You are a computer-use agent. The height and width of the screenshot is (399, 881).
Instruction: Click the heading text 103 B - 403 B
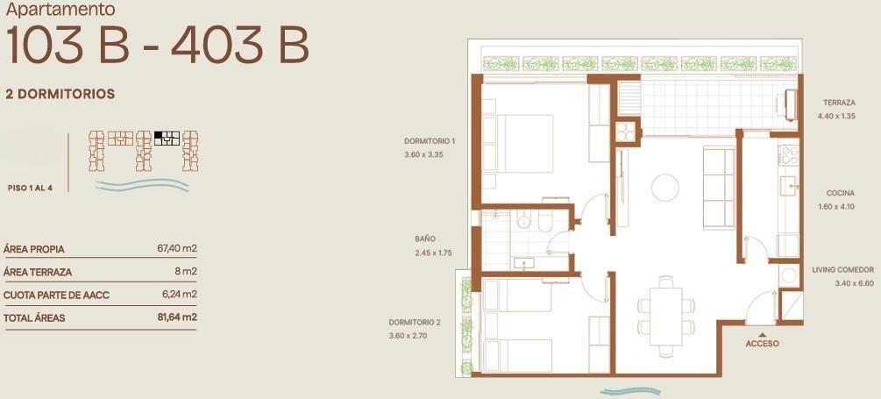coord(157,45)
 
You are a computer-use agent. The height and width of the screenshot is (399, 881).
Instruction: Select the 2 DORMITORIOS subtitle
coord(60,94)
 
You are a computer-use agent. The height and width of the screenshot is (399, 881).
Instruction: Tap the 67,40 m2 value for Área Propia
coord(177,248)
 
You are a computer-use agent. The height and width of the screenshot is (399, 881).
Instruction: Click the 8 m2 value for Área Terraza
coord(186,272)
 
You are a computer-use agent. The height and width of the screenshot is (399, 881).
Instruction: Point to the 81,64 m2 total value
coord(178,317)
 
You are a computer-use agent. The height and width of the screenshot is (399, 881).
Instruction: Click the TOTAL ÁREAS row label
coord(34,318)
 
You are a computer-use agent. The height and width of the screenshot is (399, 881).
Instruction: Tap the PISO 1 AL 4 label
coord(31,189)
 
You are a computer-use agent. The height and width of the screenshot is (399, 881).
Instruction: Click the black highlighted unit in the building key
coord(159,135)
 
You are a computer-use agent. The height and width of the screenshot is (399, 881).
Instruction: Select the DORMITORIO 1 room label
coord(430,141)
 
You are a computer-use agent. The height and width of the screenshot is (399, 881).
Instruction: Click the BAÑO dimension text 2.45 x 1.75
coord(433,253)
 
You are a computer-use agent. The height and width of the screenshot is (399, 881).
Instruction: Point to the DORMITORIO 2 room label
coord(415,323)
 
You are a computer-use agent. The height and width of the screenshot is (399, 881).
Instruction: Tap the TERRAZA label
coord(840,103)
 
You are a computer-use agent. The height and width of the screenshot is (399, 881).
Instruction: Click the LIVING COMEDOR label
coord(842,270)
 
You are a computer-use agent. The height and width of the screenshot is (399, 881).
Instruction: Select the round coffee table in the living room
coord(665,188)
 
